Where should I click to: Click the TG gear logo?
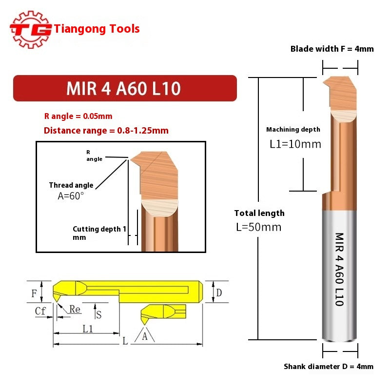pos(31,29)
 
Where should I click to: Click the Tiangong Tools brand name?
pos(97,29)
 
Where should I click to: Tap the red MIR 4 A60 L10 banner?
pos(124,88)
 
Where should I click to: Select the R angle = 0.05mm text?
pos(78,116)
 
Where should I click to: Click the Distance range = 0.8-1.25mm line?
pos(106,131)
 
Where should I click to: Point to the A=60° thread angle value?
pos(71,195)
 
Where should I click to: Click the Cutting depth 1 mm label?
pos(99,233)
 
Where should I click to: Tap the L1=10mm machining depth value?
pos(295,144)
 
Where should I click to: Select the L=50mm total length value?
pos(258,227)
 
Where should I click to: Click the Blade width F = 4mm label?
pos(331,49)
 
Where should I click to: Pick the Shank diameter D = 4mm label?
pos(329,367)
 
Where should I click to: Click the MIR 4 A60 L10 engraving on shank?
pos(339,269)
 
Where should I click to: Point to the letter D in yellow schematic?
pos(219,292)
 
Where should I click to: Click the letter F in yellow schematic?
pos(34,293)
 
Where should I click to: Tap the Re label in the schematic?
pos(75,309)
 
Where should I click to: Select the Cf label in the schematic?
pos(40,311)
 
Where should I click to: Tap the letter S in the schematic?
pos(99,314)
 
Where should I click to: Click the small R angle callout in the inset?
pos(95,156)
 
